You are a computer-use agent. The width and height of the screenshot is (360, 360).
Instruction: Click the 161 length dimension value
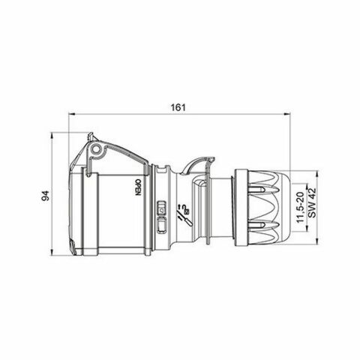click(x=178, y=106)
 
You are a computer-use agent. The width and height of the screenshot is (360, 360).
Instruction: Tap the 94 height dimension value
click(x=46, y=196)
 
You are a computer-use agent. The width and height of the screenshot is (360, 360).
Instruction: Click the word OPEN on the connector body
click(x=137, y=185)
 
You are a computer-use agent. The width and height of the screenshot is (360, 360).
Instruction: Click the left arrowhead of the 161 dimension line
click(x=71, y=115)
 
